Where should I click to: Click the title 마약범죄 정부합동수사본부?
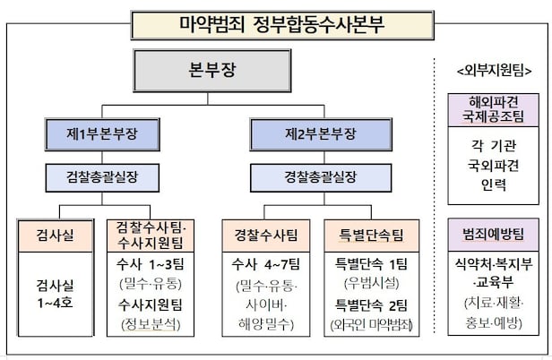point(275,21)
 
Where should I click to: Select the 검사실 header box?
point(56,236)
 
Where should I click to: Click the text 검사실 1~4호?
point(56,293)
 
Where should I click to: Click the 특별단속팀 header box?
point(370,236)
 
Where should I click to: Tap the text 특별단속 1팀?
point(370,265)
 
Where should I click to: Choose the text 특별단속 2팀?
point(370,304)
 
